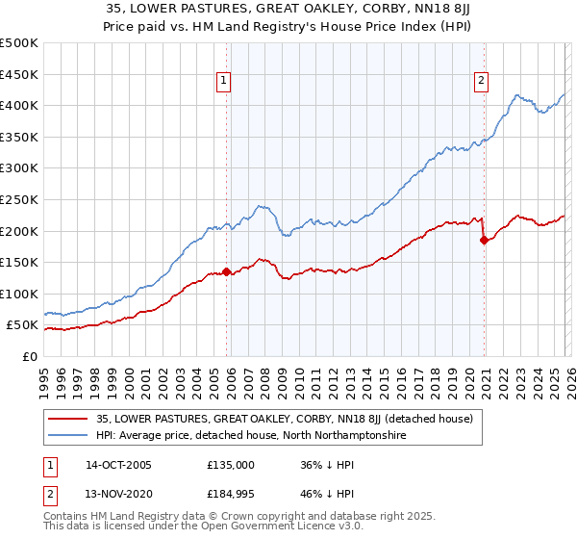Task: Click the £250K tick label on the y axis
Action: pyautogui.click(x=19, y=199)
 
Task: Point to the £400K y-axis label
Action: pyautogui.click(x=19, y=105)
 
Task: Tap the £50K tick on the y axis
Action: pyautogui.click(x=22, y=325)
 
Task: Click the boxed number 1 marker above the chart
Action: pyautogui.click(x=223, y=82)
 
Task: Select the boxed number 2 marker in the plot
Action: pyautogui.click(x=480, y=82)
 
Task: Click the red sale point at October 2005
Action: pyautogui.click(x=227, y=271)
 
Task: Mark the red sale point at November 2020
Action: pyautogui.click(x=484, y=241)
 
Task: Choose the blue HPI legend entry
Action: pyautogui.click(x=251, y=436)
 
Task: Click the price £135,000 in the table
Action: pyautogui.click(x=231, y=465)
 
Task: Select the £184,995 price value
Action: pyautogui.click(x=231, y=496)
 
